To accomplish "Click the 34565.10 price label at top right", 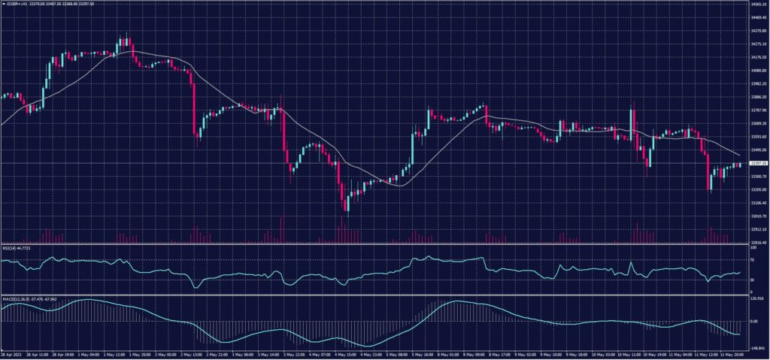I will tap(757, 4).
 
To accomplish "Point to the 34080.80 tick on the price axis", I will tap(757, 71).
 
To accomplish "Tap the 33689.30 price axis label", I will tap(757, 123).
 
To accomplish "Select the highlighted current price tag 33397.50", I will tap(757, 163).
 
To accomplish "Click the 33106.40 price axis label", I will tap(757, 203).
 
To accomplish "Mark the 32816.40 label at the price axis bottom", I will tap(757, 243).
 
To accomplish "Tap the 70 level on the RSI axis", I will tap(752, 260).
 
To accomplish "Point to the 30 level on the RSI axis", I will tap(752, 280).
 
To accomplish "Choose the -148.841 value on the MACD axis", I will tap(756, 349).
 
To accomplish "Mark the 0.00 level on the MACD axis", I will tap(754, 321).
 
